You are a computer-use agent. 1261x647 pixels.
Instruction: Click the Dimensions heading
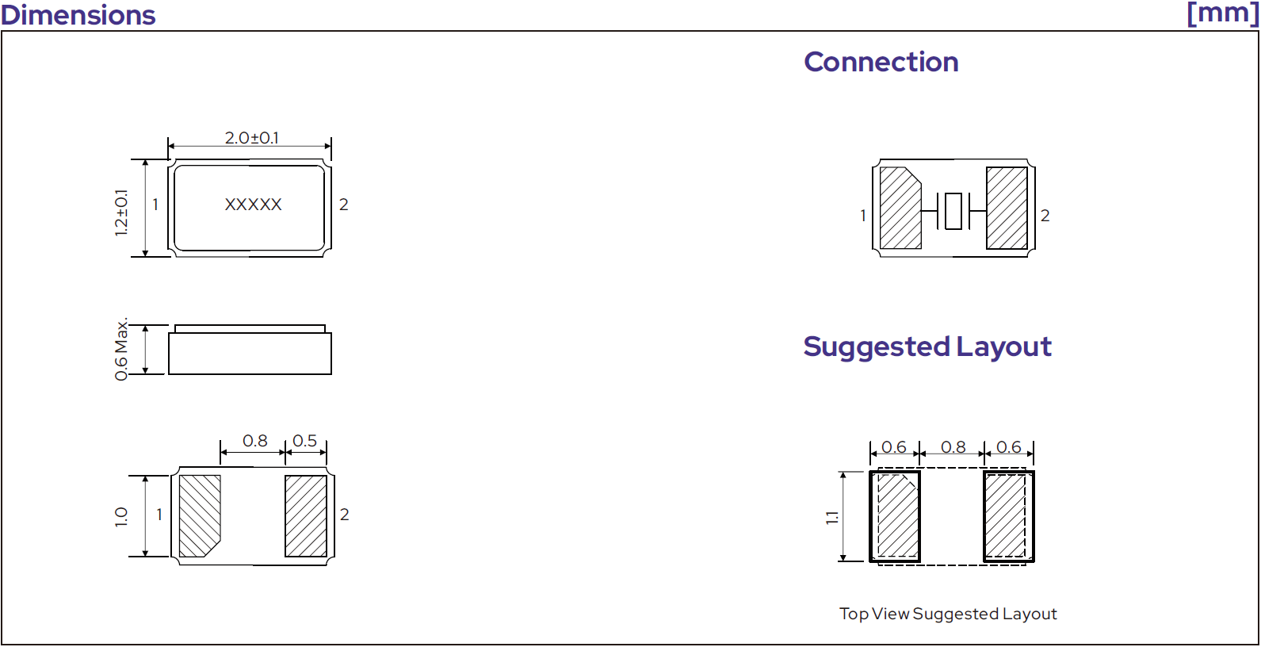pos(78,15)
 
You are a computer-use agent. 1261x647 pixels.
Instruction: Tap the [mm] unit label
pos(1222,13)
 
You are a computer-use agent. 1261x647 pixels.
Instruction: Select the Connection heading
pos(881,62)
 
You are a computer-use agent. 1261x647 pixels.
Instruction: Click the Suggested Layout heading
pos(927,346)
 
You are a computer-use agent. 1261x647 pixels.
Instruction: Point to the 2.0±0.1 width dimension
pos(251,138)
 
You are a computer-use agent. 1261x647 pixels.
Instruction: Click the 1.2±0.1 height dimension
pos(121,212)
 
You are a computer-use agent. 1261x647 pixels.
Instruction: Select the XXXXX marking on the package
pos(254,205)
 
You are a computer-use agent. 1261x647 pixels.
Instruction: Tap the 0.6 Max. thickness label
pos(121,349)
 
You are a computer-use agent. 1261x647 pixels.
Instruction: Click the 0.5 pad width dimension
pos(304,441)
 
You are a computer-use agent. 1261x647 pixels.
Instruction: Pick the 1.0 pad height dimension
pos(121,517)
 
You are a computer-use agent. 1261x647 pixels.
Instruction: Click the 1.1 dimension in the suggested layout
pos(832,518)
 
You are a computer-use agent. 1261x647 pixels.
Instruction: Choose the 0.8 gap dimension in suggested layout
pos(953,447)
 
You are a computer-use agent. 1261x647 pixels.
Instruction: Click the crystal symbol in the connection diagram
pos(953,211)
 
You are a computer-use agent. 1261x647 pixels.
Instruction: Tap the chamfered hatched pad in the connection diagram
pos(900,208)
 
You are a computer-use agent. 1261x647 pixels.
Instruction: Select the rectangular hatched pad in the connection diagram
pos(1007,208)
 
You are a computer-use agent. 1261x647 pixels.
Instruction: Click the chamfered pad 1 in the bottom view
pos(200,516)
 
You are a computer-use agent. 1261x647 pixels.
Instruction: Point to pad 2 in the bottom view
pos(306,516)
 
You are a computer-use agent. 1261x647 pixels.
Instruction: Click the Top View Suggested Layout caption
pos(948,614)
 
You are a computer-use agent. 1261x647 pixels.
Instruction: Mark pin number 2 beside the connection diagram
pos(1045,216)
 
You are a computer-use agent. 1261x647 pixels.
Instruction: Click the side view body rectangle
pos(250,353)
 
